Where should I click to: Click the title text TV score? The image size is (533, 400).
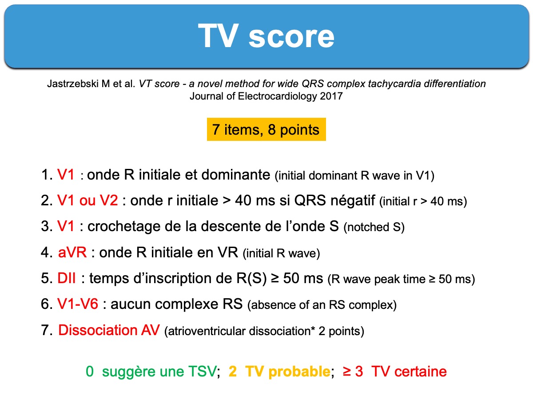coord(266,36)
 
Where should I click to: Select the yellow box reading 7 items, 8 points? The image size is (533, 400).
coord(266,129)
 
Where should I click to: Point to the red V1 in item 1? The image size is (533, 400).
coord(66,174)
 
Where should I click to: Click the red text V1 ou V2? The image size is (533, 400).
coord(88,200)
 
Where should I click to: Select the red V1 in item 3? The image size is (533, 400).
coord(66,226)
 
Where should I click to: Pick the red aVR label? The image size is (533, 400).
coord(72,252)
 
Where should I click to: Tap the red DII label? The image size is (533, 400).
coord(66,278)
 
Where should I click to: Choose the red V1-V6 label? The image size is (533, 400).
coord(78,304)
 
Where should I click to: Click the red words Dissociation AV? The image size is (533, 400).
coord(109,330)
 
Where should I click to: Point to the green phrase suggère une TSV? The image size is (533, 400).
coord(159,372)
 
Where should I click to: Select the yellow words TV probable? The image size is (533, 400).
coord(287,372)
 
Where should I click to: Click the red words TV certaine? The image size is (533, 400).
coord(409,372)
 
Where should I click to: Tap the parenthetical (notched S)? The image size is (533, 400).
coord(374,227)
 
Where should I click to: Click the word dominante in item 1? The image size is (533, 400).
coord(235,174)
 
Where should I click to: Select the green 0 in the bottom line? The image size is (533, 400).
coord(90,372)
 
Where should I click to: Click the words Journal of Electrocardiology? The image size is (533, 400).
coord(253,96)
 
